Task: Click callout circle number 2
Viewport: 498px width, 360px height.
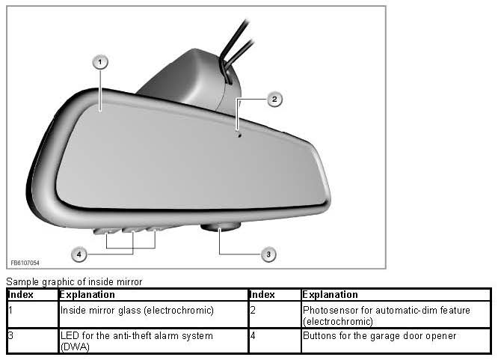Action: [274, 99]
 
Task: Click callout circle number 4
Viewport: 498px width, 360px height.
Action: [79, 254]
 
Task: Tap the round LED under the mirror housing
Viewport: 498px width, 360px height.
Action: [221, 225]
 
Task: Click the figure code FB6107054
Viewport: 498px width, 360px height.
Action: [25, 263]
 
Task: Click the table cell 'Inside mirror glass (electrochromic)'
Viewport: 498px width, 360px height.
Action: [137, 310]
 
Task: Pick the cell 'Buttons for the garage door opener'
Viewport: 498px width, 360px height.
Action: [379, 337]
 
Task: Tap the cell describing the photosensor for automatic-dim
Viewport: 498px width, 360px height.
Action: [387, 315]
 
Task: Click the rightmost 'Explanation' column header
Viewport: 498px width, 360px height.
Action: [331, 295]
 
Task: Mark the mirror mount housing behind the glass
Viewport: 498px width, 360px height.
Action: [183, 79]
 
